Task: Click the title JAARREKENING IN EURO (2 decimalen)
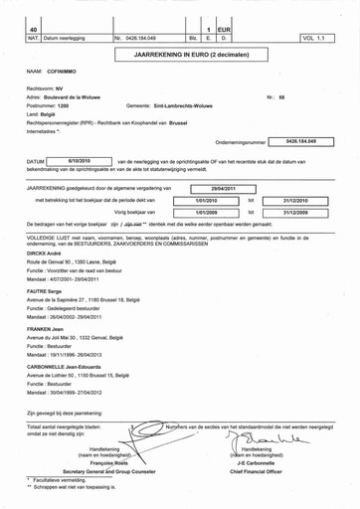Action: point(181,56)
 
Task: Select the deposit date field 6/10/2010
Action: point(80,159)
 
